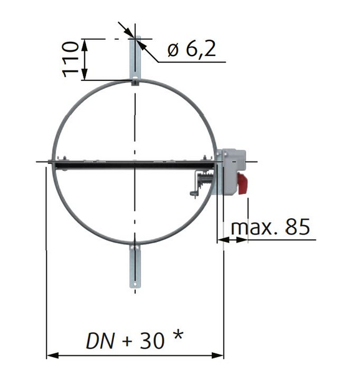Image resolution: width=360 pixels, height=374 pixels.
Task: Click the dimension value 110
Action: click(x=72, y=59)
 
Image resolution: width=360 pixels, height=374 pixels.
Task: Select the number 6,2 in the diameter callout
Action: click(x=201, y=49)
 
